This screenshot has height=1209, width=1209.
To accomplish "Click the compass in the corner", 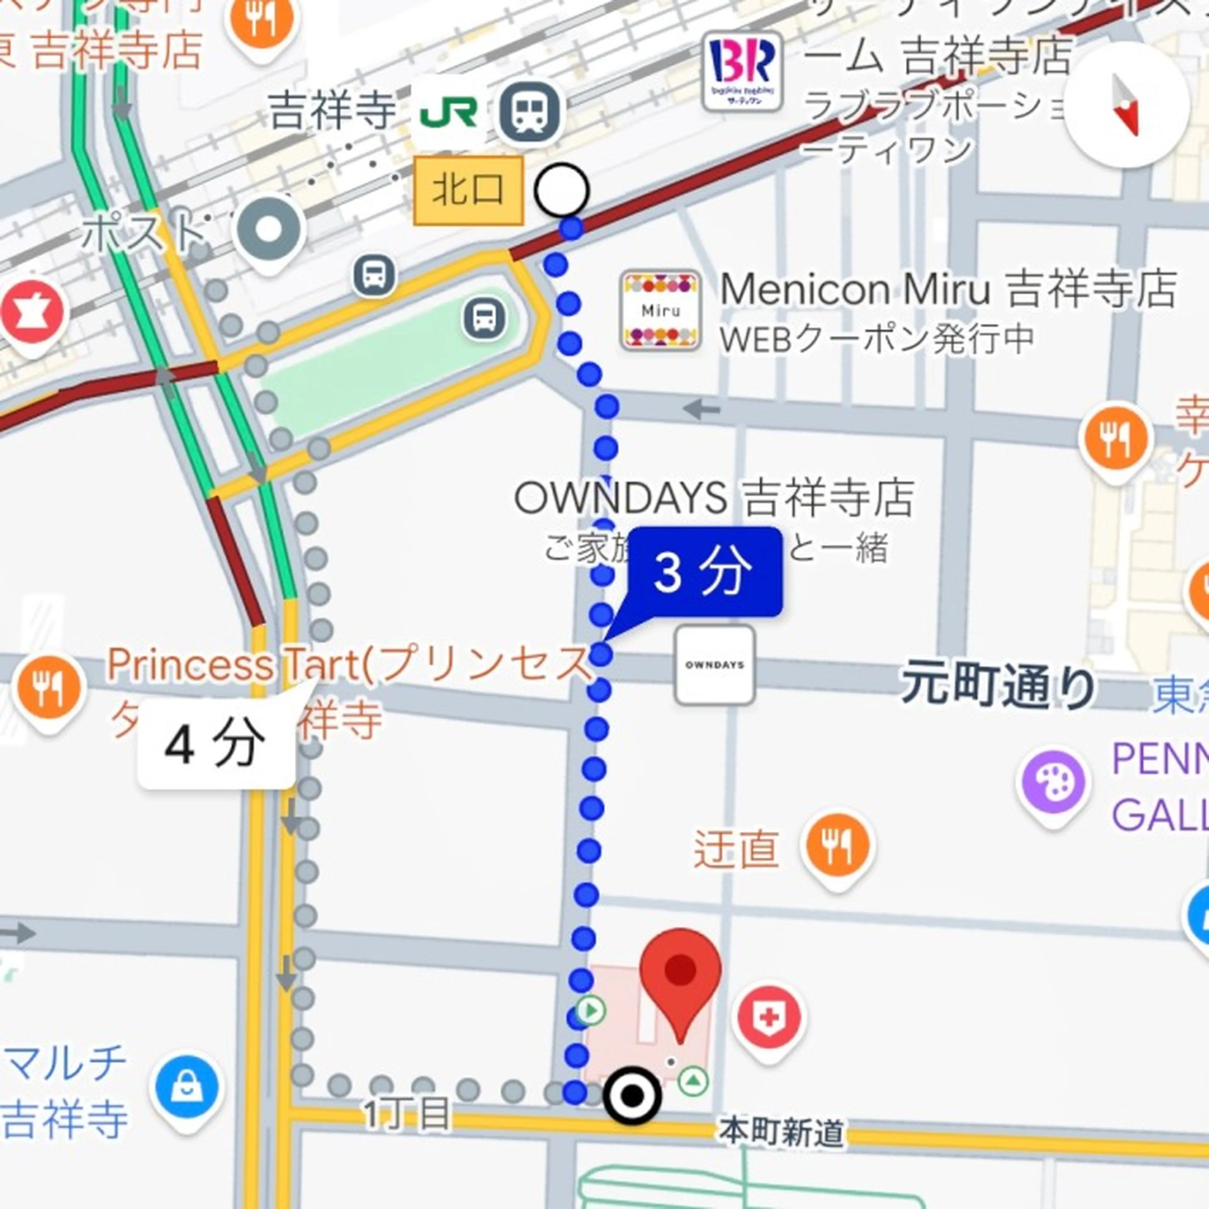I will pos(1127,105).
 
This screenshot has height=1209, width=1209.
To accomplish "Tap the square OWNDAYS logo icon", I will pos(714,665).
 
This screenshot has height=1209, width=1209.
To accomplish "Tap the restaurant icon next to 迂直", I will pos(837,847).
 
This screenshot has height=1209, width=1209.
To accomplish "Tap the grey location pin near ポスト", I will pos(269,230).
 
